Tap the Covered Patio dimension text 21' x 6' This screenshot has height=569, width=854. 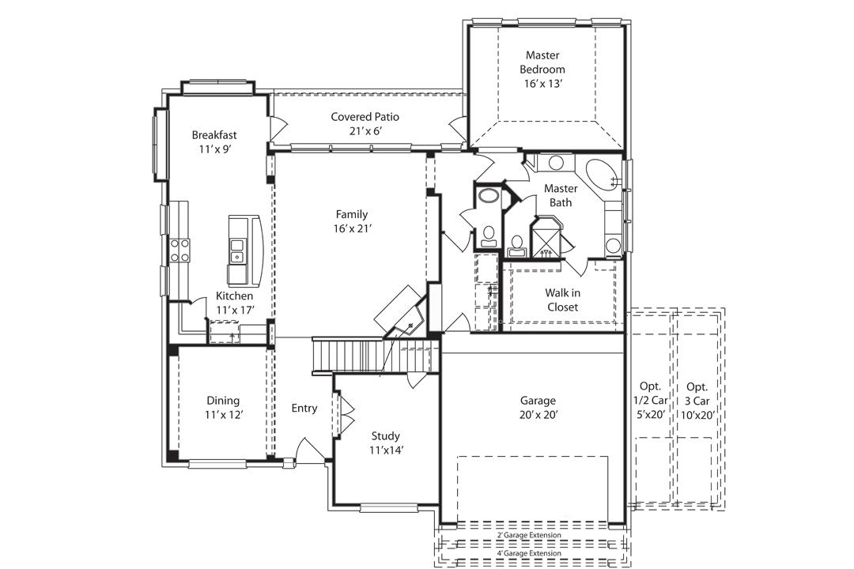click(365, 131)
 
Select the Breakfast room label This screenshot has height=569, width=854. click(214, 135)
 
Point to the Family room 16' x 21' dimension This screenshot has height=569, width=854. click(352, 228)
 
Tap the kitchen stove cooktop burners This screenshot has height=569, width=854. click(180, 251)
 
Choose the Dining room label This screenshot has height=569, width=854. click(223, 401)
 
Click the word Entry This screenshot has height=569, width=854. click(304, 409)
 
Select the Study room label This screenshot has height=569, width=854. click(386, 436)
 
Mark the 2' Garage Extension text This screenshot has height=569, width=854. click(529, 536)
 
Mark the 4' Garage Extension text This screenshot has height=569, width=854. click(529, 553)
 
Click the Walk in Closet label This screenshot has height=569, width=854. click(561, 300)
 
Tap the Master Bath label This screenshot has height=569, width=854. click(561, 195)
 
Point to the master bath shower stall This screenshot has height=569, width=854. click(546, 236)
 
